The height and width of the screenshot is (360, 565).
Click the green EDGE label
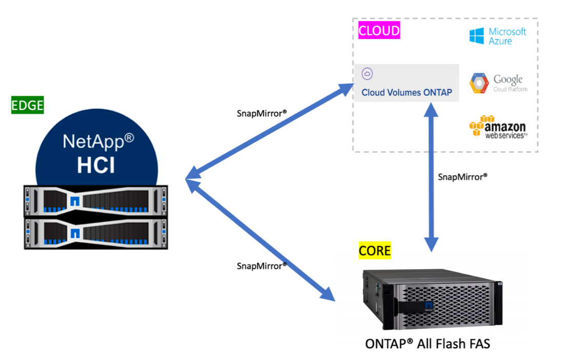pyautogui.click(x=28, y=106)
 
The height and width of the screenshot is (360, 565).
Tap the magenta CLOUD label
pyautogui.click(x=379, y=31)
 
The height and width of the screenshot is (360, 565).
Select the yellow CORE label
pyautogui.click(x=374, y=251)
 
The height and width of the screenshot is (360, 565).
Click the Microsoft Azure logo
pyautogui.click(x=497, y=36)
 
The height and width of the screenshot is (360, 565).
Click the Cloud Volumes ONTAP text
pyautogui.click(x=407, y=93)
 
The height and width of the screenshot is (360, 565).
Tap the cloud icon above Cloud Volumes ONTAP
pyautogui.click(x=367, y=74)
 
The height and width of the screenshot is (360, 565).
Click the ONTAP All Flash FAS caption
pyautogui.click(x=428, y=343)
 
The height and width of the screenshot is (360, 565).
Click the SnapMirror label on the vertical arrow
pyautogui.click(x=462, y=176)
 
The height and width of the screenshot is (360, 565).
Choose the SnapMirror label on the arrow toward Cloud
pyautogui.click(x=261, y=113)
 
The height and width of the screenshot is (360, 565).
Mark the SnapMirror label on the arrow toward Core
pyautogui.click(x=261, y=266)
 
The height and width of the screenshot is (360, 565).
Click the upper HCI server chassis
pyautogui.click(x=95, y=201)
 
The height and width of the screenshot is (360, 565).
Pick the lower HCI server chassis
pyautogui.click(x=95, y=234)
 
